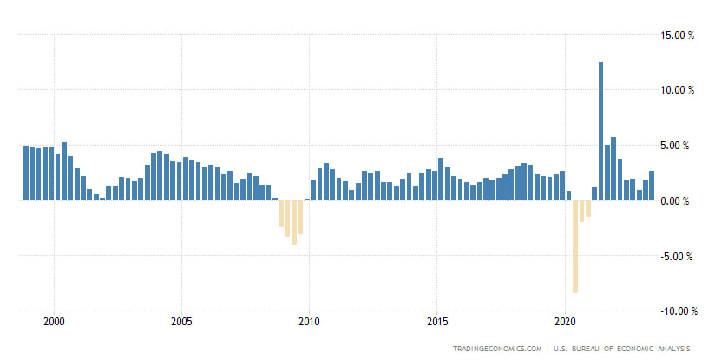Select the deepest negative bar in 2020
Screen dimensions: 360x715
574,246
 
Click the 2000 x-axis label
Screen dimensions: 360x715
54,321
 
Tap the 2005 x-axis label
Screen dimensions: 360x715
181,321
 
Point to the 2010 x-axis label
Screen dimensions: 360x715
309,321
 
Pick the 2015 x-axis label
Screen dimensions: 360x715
437,321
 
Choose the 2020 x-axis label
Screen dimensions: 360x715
565,321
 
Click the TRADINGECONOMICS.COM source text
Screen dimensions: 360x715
498,350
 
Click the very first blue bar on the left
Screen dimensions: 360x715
26,173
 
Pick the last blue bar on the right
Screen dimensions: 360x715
652,186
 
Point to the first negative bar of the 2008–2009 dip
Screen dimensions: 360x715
281,213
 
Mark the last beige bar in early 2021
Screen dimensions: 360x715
587,208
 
